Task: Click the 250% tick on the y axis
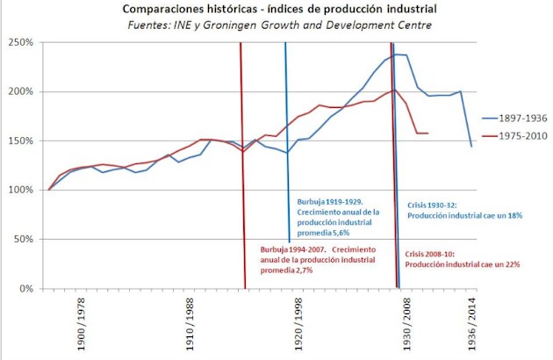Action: click(19, 42)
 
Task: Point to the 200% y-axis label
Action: click(19, 91)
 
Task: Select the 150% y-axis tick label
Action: click(19, 140)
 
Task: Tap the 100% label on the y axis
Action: click(19, 190)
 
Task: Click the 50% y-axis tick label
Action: click(21, 239)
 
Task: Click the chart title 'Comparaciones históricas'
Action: click(276, 10)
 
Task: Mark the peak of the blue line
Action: click(397, 54)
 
